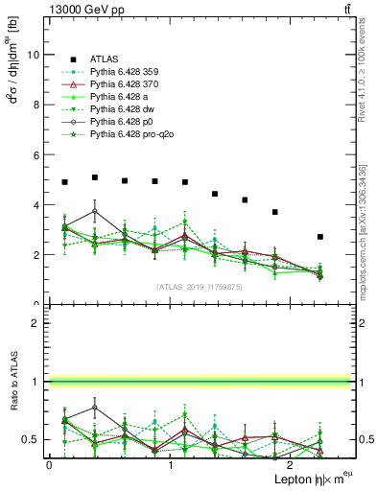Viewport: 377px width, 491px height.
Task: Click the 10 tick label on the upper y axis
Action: [34, 55]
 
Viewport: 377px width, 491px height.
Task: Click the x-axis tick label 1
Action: [171, 465]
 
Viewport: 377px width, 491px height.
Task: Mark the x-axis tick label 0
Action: [49, 465]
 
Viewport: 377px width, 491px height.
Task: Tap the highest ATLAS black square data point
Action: [95, 177]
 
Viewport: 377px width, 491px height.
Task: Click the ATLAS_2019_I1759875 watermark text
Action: [199, 286]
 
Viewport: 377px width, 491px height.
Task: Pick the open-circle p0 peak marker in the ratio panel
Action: [95, 407]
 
